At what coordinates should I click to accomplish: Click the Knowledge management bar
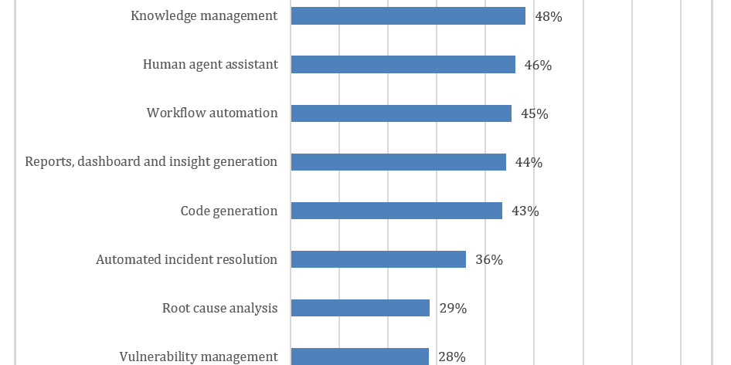pyautogui.click(x=408, y=16)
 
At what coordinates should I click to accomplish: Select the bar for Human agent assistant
pyautogui.click(x=403, y=64)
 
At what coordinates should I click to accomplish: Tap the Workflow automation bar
pyautogui.click(x=401, y=113)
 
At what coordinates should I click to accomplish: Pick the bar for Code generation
pyautogui.click(x=396, y=211)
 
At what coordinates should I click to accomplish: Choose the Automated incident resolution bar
pyautogui.click(x=379, y=259)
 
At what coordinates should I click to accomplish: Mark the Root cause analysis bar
pyautogui.click(x=360, y=308)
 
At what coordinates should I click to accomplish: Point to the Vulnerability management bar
pyautogui.click(x=360, y=357)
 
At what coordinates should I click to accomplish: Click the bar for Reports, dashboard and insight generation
pyautogui.click(x=399, y=161)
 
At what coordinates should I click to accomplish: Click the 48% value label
pyautogui.click(x=549, y=17)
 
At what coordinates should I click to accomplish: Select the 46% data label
pyautogui.click(x=539, y=65)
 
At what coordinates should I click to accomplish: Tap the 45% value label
pyautogui.click(x=535, y=114)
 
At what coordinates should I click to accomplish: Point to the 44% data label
pyautogui.click(x=529, y=163)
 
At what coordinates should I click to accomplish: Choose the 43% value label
pyautogui.click(x=525, y=211)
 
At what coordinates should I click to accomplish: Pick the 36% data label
pyautogui.click(x=489, y=260)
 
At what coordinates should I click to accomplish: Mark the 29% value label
pyautogui.click(x=453, y=309)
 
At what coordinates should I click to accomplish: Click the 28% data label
pyautogui.click(x=452, y=357)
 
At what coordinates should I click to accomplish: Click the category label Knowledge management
pyautogui.click(x=204, y=16)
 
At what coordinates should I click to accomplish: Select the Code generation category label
pyautogui.click(x=229, y=211)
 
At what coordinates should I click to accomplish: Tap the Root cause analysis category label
pyautogui.click(x=220, y=308)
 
